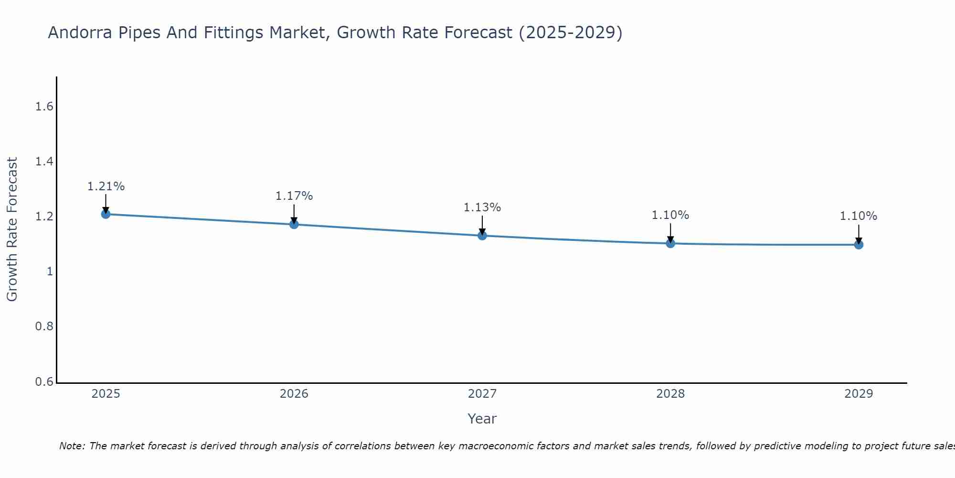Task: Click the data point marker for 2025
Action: (106, 214)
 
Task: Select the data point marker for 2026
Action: (294, 224)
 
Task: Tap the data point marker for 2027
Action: (482, 235)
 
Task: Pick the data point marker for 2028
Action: (670, 243)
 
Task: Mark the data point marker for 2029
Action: (858, 245)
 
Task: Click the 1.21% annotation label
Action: (106, 186)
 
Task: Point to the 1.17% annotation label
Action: (294, 196)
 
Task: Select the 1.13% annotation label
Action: (482, 207)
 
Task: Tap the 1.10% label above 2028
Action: (670, 215)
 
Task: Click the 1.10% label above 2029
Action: (858, 216)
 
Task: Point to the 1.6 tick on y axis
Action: (44, 107)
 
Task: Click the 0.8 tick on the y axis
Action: (44, 326)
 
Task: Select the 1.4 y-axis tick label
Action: (44, 162)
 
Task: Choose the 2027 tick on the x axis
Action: (482, 394)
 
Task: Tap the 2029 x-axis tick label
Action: (858, 394)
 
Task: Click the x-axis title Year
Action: (482, 419)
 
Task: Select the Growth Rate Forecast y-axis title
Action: (12, 229)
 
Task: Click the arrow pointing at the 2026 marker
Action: (294, 213)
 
